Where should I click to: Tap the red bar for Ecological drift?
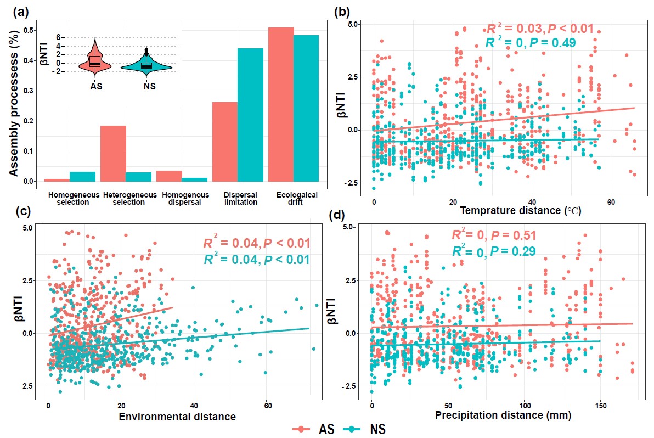pos(281,104)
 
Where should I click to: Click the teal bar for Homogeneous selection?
pos(82,176)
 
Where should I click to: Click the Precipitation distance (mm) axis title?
pos(503,415)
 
